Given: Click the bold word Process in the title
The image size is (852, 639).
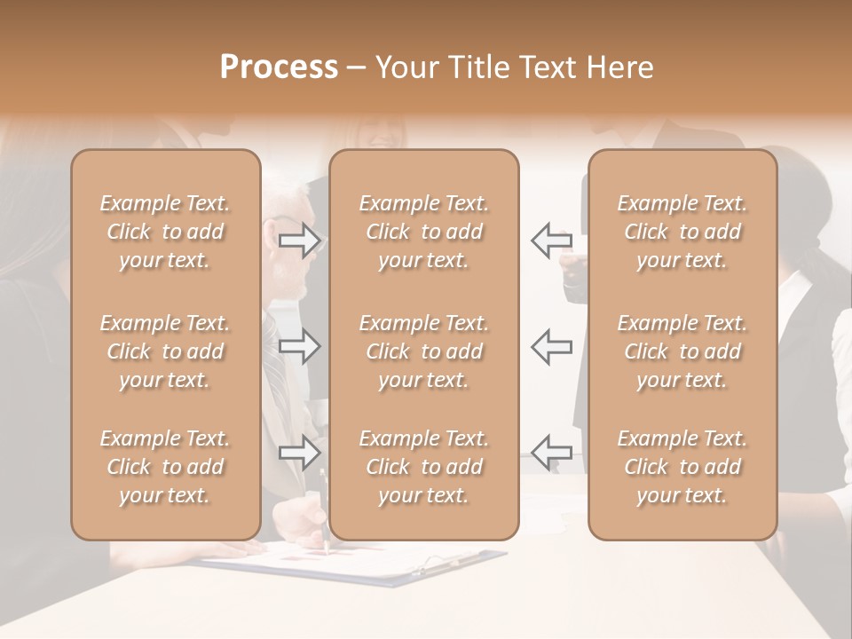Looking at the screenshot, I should click(x=279, y=67).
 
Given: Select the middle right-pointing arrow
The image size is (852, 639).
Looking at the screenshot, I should click(x=300, y=345).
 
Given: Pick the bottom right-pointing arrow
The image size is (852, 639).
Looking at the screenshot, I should click(x=300, y=453).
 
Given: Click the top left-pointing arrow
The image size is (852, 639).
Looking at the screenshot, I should click(x=551, y=240).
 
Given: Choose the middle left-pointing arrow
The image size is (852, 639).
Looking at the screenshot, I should click(x=551, y=345).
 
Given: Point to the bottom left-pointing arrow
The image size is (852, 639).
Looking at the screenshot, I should click(x=551, y=453).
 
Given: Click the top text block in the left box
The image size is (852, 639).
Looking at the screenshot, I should click(x=165, y=232).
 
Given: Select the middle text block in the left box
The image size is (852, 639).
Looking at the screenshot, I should click(x=165, y=351).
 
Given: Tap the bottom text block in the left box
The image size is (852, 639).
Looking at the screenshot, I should click(x=165, y=467).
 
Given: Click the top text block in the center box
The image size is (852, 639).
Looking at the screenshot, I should click(x=424, y=232).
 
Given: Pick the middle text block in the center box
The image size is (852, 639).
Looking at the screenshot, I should click(x=424, y=351).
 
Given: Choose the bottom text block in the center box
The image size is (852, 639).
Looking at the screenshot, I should click(x=424, y=467).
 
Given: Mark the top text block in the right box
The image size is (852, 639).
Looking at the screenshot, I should click(x=682, y=232).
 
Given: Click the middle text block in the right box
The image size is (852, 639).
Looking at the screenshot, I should click(x=682, y=351).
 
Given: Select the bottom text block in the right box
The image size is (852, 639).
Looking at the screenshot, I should click(x=682, y=467).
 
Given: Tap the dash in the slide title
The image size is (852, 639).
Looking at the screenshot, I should click(x=356, y=67).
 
